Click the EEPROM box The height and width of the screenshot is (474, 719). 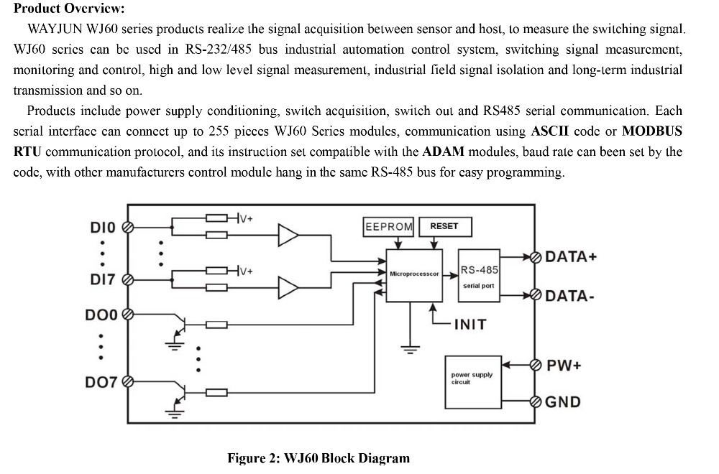389,226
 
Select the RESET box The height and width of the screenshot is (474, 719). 444,226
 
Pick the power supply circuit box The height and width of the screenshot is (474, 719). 472,378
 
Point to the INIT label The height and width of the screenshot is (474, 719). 470,325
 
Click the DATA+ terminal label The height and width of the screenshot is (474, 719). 572,257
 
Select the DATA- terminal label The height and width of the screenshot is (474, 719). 570,296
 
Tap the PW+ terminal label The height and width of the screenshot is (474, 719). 564,365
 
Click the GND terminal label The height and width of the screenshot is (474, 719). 563,402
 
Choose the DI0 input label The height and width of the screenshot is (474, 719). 102,228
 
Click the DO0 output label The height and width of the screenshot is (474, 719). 101,314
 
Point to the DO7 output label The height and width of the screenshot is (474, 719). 101,382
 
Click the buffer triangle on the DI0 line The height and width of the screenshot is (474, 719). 288,234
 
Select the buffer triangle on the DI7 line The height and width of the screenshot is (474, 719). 288,287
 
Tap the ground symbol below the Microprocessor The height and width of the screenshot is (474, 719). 411,350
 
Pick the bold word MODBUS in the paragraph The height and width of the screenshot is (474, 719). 651,131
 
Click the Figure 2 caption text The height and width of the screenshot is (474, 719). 319,458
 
